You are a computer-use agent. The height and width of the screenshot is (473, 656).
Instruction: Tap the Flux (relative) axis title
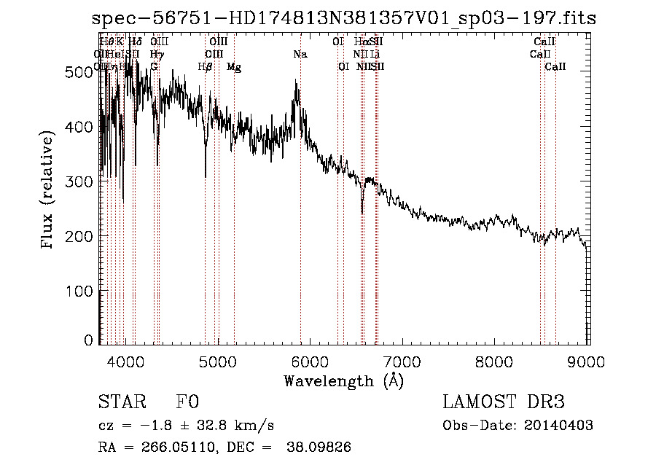click(49, 191)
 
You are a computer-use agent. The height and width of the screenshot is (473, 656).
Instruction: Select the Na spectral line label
click(300, 54)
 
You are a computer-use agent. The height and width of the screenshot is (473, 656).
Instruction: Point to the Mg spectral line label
click(234, 67)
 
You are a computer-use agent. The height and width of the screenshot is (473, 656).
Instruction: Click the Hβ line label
click(205, 67)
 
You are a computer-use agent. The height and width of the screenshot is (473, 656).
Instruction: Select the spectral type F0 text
click(187, 402)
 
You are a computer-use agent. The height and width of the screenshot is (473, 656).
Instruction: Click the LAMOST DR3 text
click(504, 402)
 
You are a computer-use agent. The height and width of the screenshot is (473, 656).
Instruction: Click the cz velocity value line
click(186, 425)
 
